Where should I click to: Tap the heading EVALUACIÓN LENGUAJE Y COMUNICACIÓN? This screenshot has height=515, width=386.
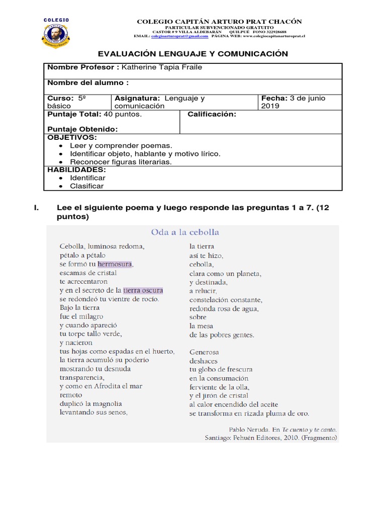tap(192, 54)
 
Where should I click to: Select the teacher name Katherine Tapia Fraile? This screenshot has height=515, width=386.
tap(162, 68)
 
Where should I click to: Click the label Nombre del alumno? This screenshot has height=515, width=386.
tap(87, 82)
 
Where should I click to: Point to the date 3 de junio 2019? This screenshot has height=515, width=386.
tap(293, 102)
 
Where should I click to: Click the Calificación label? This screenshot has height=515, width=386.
tap(212, 115)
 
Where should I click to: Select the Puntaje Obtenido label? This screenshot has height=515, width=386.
tap(82, 129)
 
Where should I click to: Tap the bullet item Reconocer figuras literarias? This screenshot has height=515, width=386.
tap(121, 162)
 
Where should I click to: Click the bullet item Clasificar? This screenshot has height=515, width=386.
tap(86, 186)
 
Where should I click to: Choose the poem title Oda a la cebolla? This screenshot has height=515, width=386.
tap(185, 232)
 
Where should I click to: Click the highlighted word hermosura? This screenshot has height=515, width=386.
tap(115, 264)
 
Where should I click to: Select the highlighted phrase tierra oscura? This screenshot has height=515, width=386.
tap(143, 290)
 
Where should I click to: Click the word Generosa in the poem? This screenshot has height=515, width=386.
tap(204, 352)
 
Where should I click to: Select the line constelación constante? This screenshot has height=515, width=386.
tap(226, 300)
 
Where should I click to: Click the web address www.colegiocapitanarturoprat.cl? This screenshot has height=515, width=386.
tap(267, 37)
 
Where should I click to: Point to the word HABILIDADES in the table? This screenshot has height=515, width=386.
tap(76, 170)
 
